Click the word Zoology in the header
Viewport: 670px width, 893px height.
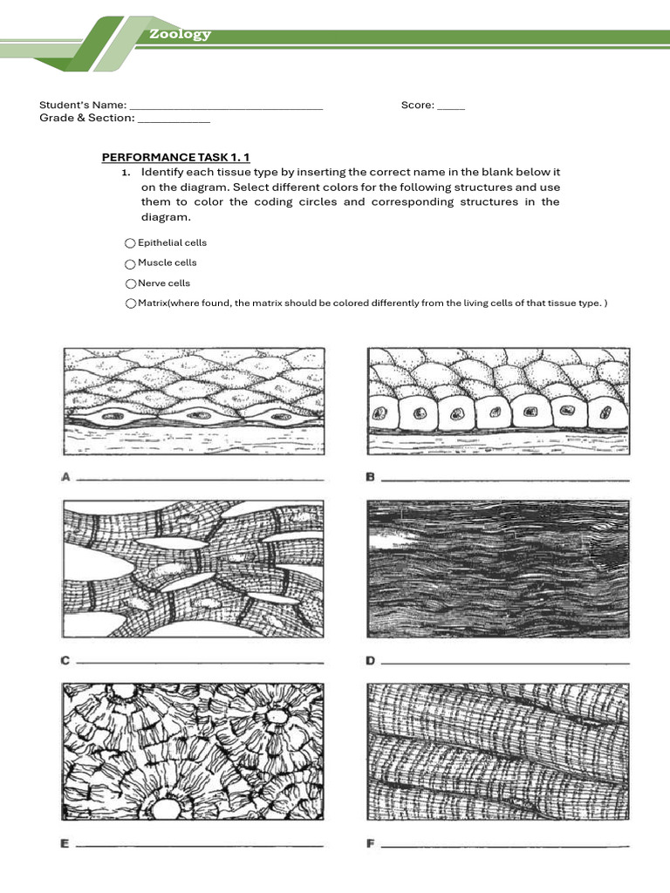pyautogui.click(x=179, y=34)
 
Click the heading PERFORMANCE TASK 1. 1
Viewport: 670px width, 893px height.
pyautogui.click(x=176, y=157)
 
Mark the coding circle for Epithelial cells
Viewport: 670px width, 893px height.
pyautogui.click(x=130, y=243)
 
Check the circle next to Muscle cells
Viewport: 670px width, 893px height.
pyautogui.click(x=130, y=263)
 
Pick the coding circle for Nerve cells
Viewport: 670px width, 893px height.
pyautogui.click(x=130, y=283)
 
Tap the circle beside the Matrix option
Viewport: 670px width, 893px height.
pyautogui.click(x=130, y=303)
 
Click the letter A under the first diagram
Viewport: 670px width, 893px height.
pyautogui.click(x=65, y=477)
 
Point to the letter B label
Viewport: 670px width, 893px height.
pyautogui.click(x=370, y=477)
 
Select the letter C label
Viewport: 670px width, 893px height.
pyautogui.click(x=65, y=661)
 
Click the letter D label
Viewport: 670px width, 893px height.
pyautogui.click(x=370, y=661)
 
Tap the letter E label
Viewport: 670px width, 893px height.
pyautogui.click(x=65, y=843)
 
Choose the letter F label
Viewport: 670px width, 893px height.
pyautogui.click(x=370, y=843)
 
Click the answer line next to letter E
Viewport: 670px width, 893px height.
pyautogui.click(x=201, y=846)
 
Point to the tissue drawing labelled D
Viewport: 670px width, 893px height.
pyautogui.click(x=497, y=572)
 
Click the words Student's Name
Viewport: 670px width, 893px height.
pyautogui.click(x=83, y=105)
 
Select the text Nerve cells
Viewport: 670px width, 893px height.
pyautogui.click(x=164, y=283)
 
